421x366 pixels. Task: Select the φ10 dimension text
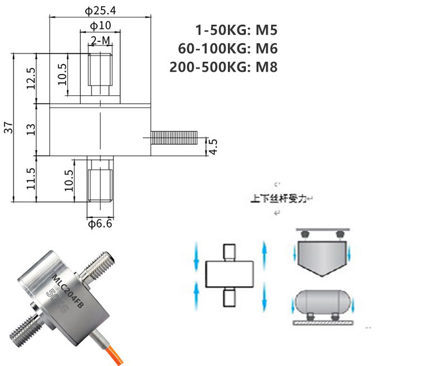coord(100,26)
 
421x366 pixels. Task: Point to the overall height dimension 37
coord(8,128)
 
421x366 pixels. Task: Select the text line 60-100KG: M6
coord(228,48)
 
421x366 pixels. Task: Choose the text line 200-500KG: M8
coord(223,67)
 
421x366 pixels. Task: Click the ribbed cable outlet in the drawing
coord(175,137)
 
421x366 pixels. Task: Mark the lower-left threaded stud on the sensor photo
coord(25,332)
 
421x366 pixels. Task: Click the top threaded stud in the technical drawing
coord(101,73)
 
